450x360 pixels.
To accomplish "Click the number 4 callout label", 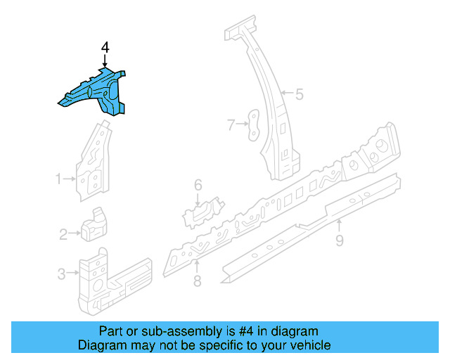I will click(x=105, y=47).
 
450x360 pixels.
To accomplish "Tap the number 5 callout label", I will click(x=299, y=94).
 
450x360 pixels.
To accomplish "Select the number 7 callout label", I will click(x=230, y=125).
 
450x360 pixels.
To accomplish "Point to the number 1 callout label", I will click(x=59, y=179).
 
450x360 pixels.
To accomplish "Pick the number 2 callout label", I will click(x=63, y=234).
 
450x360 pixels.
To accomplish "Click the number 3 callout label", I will click(x=61, y=274).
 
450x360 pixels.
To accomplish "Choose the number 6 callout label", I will click(x=198, y=185).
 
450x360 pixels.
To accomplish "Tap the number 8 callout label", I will click(x=197, y=281).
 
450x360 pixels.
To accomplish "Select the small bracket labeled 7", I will click(x=252, y=125).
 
